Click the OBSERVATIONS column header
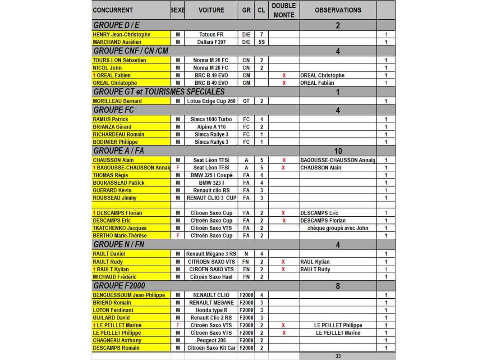(x=338, y=10)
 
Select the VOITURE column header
(x=211, y=10)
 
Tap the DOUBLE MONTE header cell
(x=284, y=10)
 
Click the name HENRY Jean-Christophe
(x=121, y=35)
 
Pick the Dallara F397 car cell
(x=211, y=42)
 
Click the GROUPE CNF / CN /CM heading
(x=131, y=51)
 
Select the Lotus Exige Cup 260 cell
(x=211, y=101)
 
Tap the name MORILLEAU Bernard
(x=117, y=101)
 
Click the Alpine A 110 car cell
(x=211, y=127)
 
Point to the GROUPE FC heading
(x=114, y=110)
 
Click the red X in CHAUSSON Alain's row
(x=284, y=160)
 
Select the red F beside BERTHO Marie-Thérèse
(x=178, y=236)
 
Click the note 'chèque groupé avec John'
(x=338, y=228)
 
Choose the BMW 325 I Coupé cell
(x=211, y=175)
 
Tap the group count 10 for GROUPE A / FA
(x=338, y=151)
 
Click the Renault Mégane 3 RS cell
(x=211, y=254)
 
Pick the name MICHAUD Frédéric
(x=115, y=277)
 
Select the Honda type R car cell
(x=211, y=310)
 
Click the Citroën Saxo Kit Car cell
(x=211, y=348)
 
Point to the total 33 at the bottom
(x=338, y=356)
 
